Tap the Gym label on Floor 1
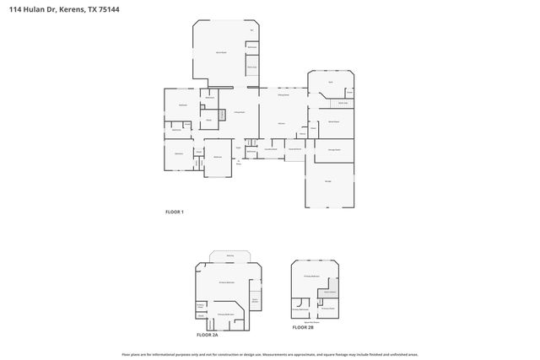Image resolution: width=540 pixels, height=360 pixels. coord(331,82)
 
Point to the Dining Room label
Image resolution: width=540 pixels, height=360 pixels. coord(283,96)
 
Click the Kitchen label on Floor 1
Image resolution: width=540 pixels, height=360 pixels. coord(280,123)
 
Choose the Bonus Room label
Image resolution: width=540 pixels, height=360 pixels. coord(221,52)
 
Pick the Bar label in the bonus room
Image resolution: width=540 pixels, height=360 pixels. coord(251,30)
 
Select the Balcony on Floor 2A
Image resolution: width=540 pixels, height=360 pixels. coord(229,255)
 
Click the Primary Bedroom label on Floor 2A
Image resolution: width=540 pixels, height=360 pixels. coord(225,282)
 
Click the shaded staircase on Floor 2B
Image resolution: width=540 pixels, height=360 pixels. coord(300,304)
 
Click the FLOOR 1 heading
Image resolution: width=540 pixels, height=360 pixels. coord(174,212)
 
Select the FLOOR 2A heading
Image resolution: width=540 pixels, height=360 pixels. coord(207,335)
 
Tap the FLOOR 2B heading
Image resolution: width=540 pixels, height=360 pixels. coord(303,326)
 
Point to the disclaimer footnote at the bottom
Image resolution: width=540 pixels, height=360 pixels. coord(270,354)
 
